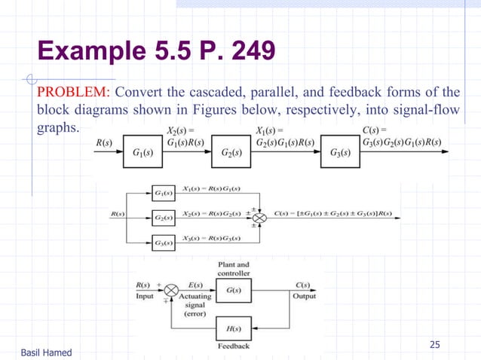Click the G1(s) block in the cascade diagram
(x=145, y=153)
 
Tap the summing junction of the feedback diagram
(x=170, y=288)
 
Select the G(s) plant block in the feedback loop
(x=233, y=288)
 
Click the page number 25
(x=434, y=345)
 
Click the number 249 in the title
(x=249, y=51)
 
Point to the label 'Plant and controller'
(x=233, y=269)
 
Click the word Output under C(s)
(x=304, y=296)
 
